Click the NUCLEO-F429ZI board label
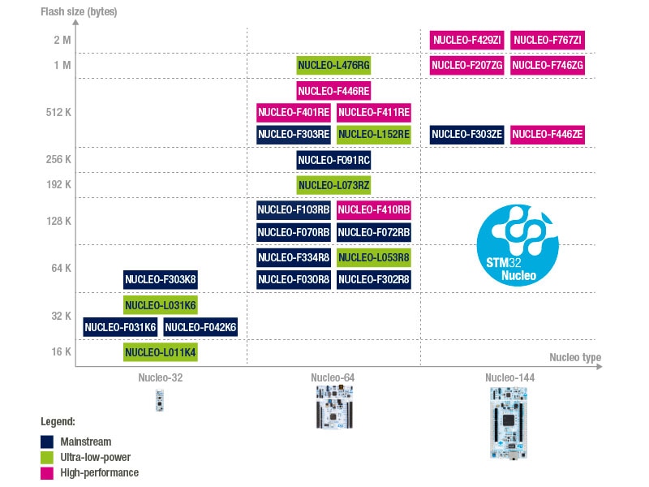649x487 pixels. point(466,39)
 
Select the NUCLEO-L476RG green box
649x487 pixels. point(333,65)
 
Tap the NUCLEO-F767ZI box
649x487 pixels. point(548,39)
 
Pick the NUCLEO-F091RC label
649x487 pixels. point(333,160)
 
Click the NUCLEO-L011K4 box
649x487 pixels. point(161,352)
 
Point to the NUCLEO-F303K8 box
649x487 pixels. point(161,280)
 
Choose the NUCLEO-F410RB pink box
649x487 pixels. point(374,210)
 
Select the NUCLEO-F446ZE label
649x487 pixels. point(548,135)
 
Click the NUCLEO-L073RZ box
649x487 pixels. point(333,186)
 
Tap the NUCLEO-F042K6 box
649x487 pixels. point(200,327)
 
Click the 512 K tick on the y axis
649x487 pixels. point(59,112)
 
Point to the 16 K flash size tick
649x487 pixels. point(62,351)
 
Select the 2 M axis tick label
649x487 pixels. point(62,40)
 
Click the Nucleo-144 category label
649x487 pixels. point(509,378)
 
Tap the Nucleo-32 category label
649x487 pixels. point(160,378)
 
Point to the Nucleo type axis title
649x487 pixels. point(575,357)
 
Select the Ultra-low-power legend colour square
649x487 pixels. point(47,457)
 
